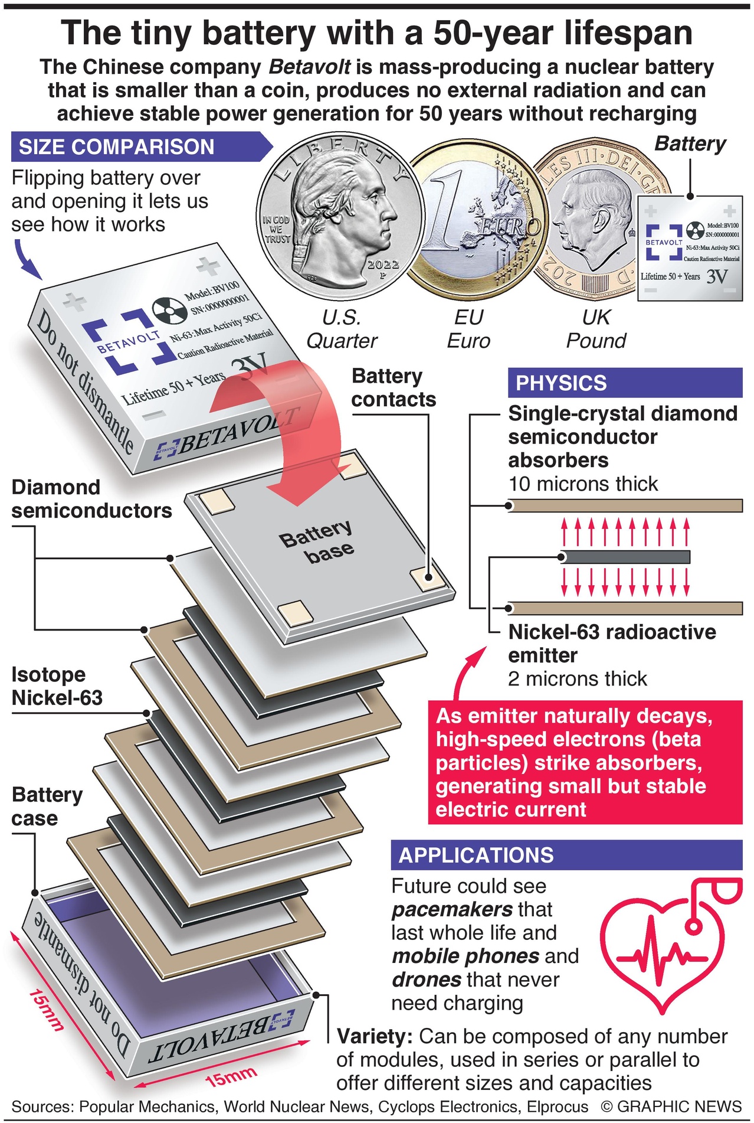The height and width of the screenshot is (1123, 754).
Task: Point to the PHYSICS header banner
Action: (624, 383)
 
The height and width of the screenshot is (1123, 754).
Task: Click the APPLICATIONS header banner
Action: (566, 855)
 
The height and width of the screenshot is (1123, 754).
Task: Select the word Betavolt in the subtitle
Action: (309, 67)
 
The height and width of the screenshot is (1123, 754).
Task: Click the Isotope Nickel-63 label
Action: (57, 686)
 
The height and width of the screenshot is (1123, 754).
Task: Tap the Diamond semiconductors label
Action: (91, 499)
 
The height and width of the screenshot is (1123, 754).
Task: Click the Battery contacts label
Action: (394, 388)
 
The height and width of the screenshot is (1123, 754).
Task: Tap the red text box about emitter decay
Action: (585, 762)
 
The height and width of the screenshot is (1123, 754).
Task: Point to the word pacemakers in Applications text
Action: (452, 909)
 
